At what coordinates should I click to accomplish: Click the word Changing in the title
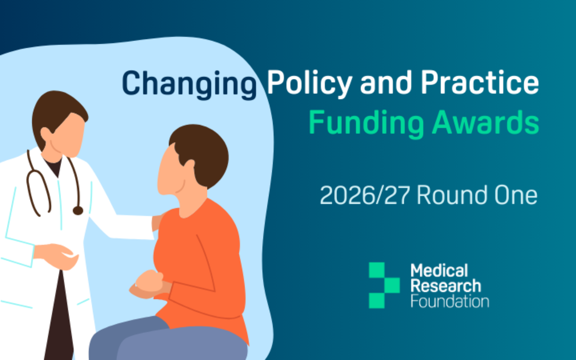(189, 84)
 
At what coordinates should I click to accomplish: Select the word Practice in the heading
(479, 82)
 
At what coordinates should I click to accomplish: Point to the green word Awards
(486, 122)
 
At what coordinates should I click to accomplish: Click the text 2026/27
(365, 195)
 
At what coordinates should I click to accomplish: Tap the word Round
(452, 195)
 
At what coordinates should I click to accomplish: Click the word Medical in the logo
(439, 270)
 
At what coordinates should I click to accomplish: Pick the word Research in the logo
(446, 286)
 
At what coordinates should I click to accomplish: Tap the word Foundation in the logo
(450, 301)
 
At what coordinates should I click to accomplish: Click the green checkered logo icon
(385, 285)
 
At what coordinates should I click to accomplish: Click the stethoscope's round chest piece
(78, 211)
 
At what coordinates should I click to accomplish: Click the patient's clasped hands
(149, 284)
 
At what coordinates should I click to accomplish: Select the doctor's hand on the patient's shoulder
(157, 222)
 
